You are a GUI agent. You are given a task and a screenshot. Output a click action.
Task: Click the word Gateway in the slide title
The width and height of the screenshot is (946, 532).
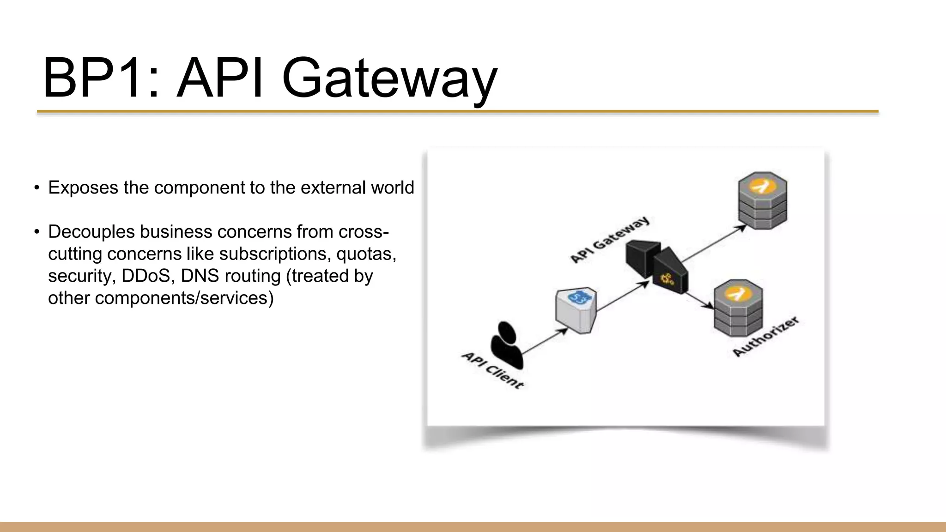[x=389, y=79]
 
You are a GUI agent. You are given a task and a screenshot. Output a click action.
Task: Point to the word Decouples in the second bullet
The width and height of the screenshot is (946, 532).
[x=91, y=231]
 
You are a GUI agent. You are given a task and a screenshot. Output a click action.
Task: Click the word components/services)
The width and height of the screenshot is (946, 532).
[x=184, y=298]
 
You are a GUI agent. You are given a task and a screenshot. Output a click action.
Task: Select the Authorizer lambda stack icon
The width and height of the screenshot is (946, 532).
[x=738, y=308]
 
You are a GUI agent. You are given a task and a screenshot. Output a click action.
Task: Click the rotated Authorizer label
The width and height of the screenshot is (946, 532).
[x=765, y=336]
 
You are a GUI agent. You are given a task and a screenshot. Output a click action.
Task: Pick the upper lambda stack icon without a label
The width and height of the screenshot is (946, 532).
[x=762, y=200]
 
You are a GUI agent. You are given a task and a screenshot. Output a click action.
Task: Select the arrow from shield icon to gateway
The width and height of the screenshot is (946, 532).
[x=623, y=296]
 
